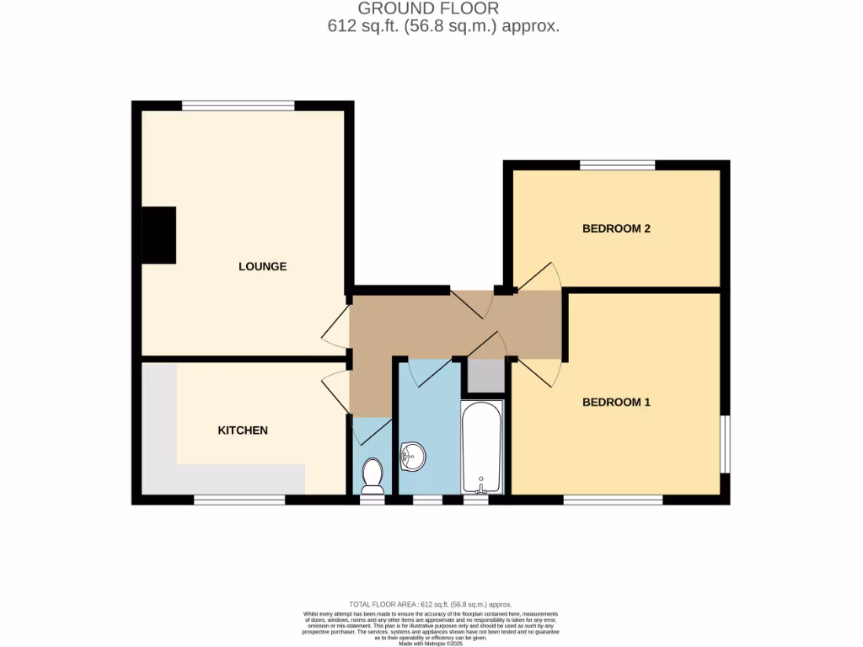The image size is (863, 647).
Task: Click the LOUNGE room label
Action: [262, 266]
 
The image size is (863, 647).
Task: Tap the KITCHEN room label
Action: [243, 430]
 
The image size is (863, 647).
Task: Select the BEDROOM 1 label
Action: [616, 402]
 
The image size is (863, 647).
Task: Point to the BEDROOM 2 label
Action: [616, 228]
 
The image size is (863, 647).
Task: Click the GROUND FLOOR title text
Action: [428, 8]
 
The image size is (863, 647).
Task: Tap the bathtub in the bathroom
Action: [482, 446]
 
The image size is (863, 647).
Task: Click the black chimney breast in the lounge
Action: [158, 235]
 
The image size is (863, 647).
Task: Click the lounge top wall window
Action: [239, 105]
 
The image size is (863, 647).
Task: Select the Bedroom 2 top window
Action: [617, 164]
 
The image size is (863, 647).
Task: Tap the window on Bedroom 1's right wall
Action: [725, 444]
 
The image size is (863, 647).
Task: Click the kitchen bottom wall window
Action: [239, 500]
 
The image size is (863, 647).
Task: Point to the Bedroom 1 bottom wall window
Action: [613, 500]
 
